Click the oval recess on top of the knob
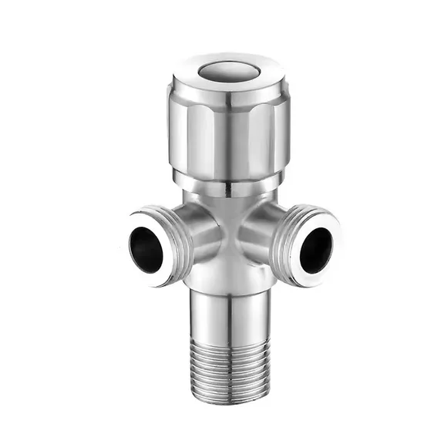pos(229,71)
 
